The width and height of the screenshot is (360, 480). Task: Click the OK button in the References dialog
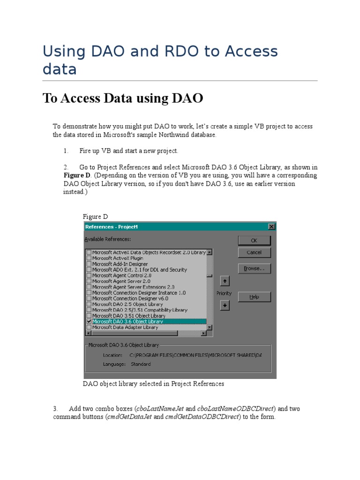click(x=254, y=240)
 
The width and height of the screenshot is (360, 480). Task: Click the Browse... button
click(x=254, y=269)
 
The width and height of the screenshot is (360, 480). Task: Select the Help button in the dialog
click(x=254, y=297)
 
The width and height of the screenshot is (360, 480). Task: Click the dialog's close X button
click(x=271, y=227)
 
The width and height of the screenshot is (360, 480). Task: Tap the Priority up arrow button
click(x=225, y=281)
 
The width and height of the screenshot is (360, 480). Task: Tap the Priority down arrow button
click(x=225, y=305)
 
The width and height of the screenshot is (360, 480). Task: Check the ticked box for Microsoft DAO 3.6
click(x=89, y=322)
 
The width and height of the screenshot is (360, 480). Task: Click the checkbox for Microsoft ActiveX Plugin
click(x=89, y=258)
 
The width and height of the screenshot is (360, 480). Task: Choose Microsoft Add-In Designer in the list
click(x=120, y=264)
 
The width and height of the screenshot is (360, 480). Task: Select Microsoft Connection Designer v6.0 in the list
click(x=130, y=299)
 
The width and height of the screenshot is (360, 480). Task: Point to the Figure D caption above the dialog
click(x=95, y=217)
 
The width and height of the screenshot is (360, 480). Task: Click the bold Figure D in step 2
click(x=77, y=175)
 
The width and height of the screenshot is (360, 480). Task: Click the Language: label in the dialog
click(x=114, y=364)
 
